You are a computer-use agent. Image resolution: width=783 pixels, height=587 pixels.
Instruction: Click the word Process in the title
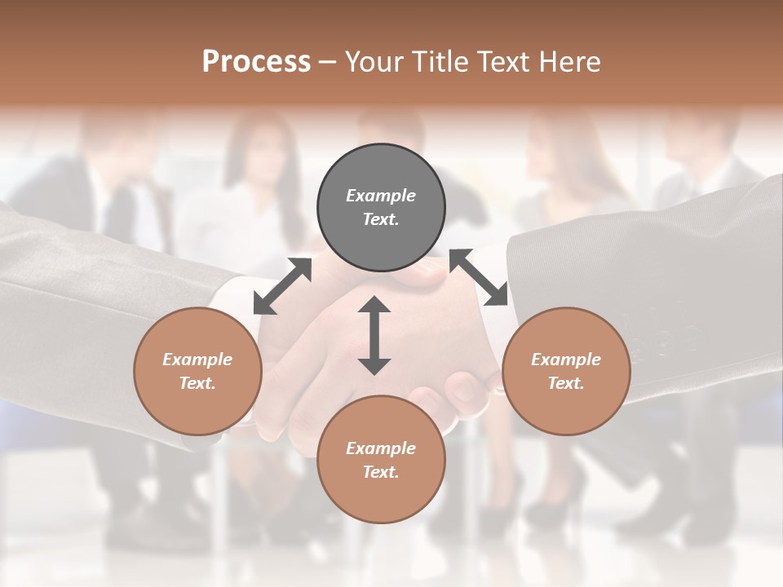(x=256, y=62)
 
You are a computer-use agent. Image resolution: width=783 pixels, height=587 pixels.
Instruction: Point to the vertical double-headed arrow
(x=374, y=335)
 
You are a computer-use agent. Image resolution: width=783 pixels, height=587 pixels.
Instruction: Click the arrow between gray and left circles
(x=282, y=285)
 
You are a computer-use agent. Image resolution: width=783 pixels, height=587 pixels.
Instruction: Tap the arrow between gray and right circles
(x=479, y=277)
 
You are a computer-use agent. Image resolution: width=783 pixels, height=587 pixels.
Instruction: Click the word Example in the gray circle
(x=381, y=196)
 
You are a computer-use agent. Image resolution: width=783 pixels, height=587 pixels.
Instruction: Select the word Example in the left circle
(x=197, y=360)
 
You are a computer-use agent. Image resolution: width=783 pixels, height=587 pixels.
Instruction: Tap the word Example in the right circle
(x=566, y=360)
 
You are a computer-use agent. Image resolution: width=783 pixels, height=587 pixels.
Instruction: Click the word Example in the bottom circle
(x=381, y=448)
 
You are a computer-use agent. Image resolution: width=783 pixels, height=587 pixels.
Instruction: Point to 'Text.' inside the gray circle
(x=381, y=219)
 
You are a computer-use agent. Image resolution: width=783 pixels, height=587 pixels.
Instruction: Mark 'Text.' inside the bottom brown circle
(x=381, y=472)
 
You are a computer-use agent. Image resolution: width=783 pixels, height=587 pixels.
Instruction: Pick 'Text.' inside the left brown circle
(x=197, y=383)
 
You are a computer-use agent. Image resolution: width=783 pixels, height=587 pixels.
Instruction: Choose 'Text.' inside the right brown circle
(x=566, y=383)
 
